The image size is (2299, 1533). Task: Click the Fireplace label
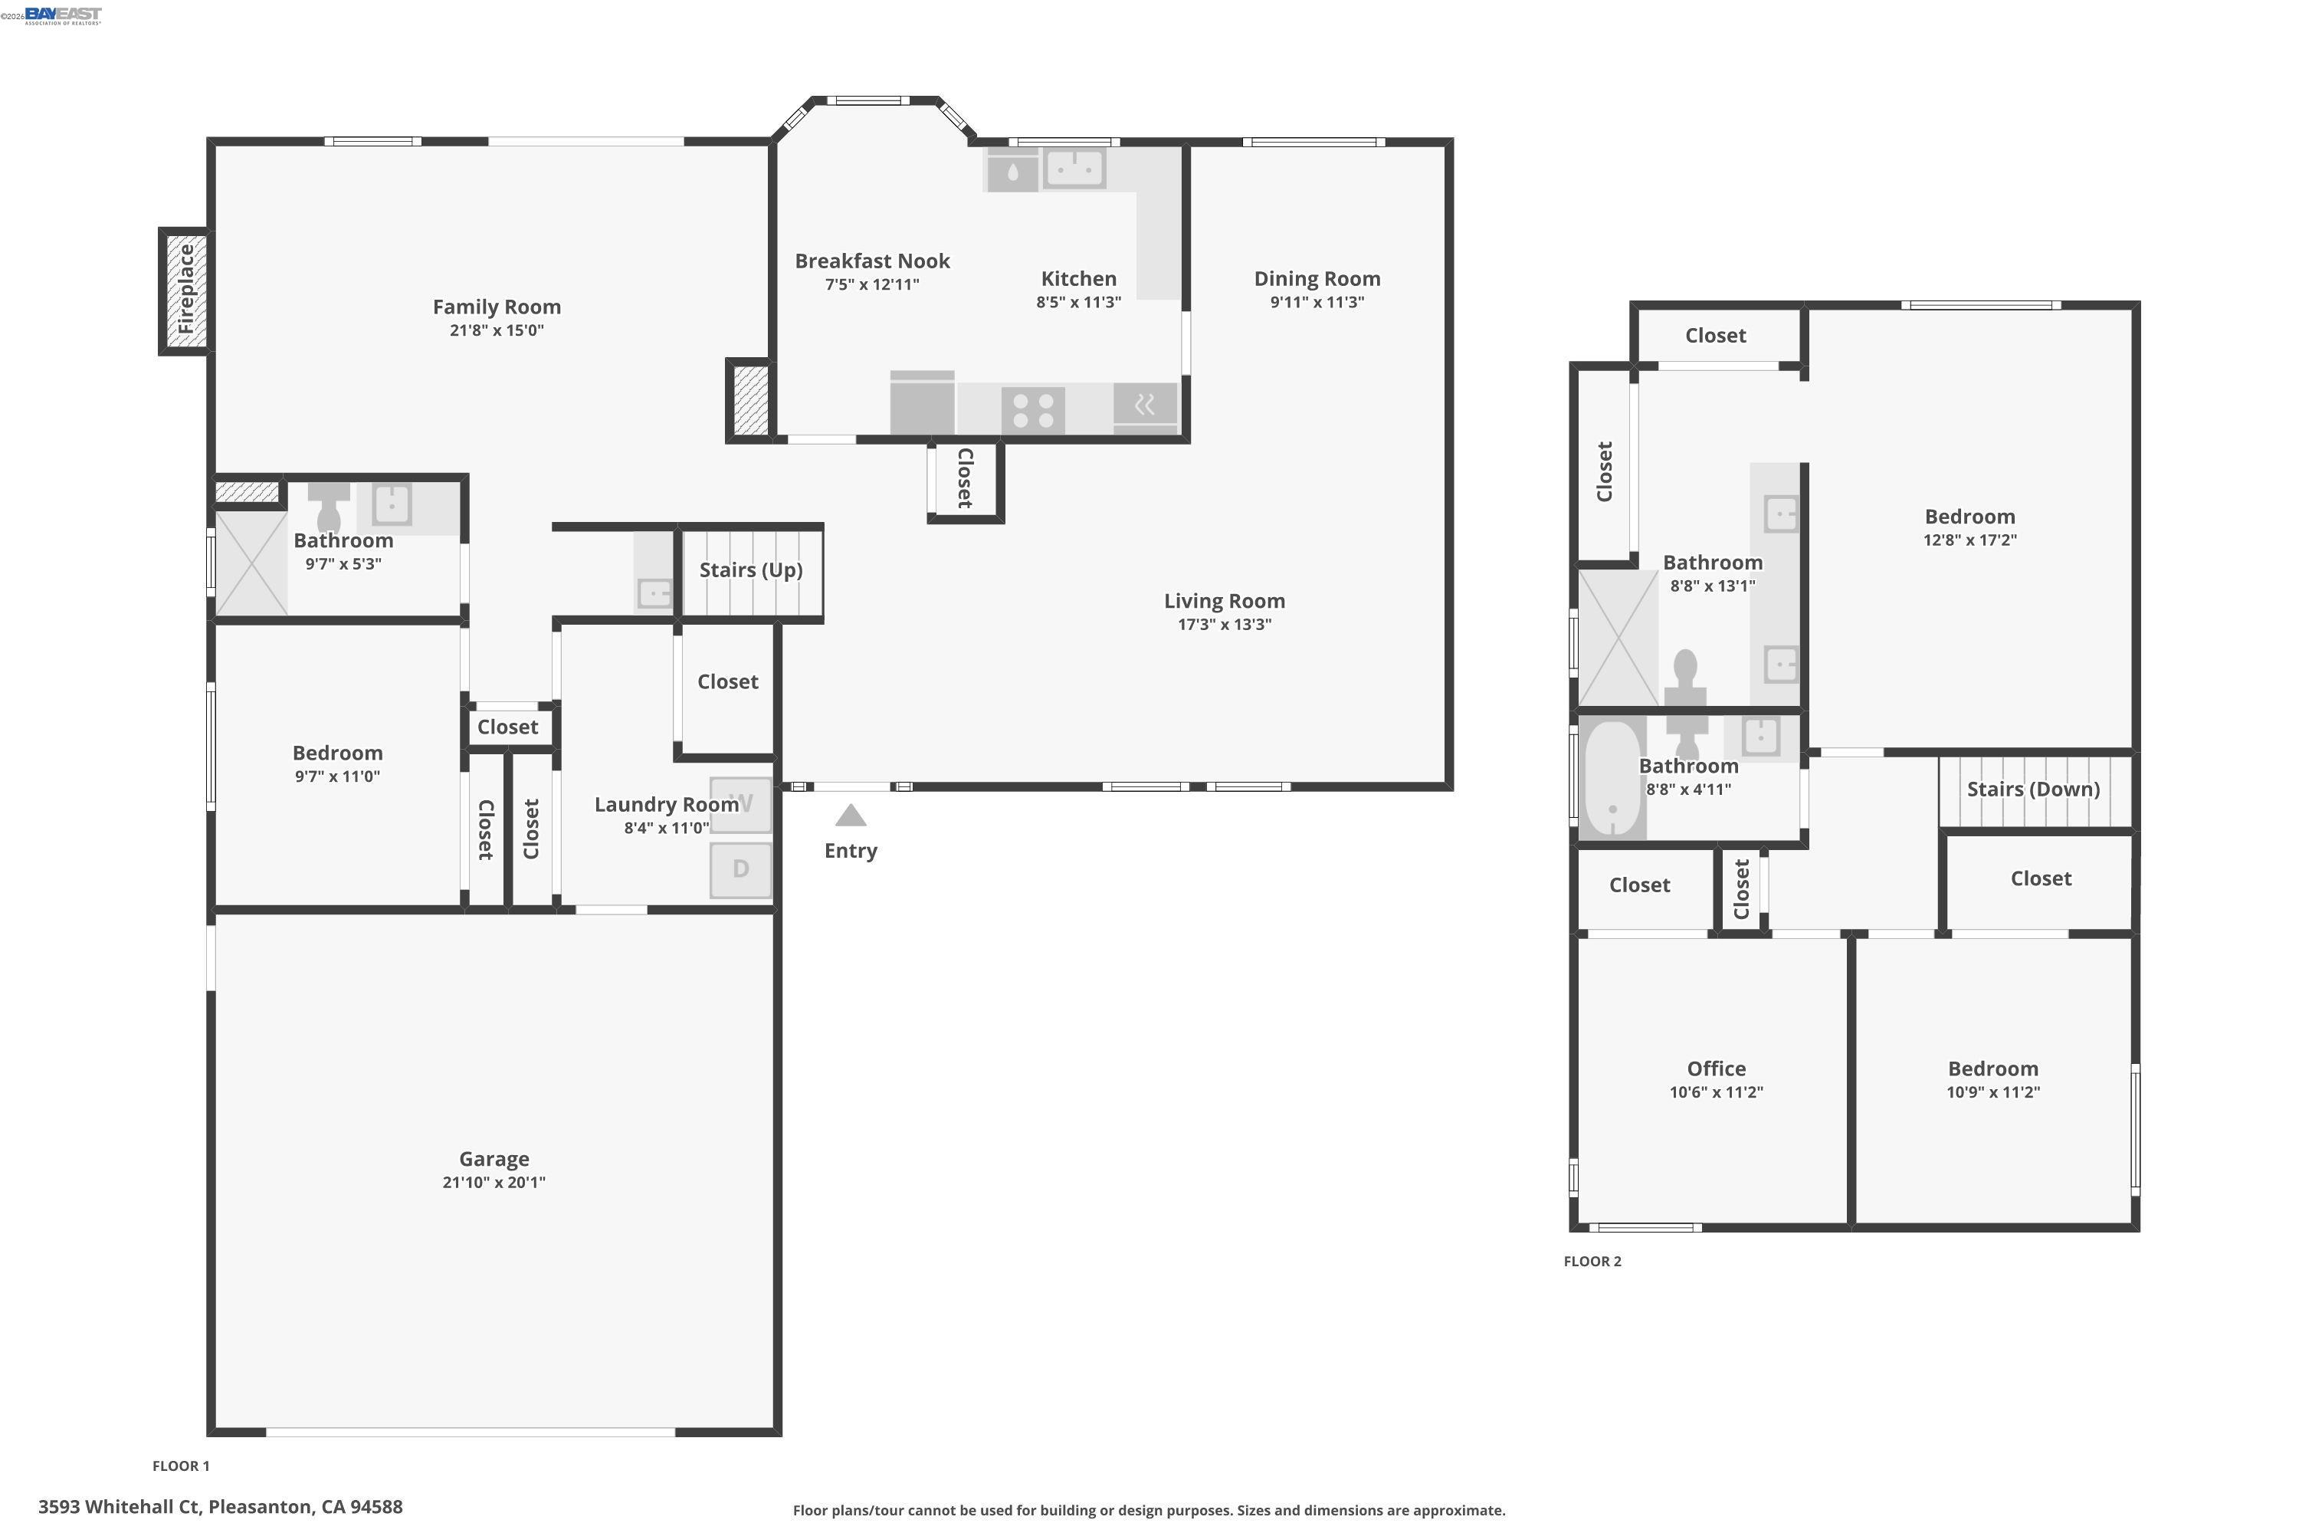coord(185,290)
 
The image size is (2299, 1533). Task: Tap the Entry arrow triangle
coord(851,816)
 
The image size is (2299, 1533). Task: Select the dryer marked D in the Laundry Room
coord(740,869)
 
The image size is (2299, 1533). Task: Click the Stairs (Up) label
coord(751,570)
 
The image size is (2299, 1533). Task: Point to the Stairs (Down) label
coord(2033,789)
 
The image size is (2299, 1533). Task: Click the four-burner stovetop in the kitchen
coord(1033,409)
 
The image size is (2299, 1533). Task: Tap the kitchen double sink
coord(1074,168)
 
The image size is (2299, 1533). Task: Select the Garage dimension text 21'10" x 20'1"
coord(494,1182)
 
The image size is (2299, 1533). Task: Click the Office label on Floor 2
coord(1716,1069)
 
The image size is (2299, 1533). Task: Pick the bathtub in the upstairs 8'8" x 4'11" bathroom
coord(1611,778)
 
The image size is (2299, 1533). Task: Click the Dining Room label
coord(1317,279)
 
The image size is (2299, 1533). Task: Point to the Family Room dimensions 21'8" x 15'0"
coord(497,330)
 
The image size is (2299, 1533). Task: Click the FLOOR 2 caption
coord(1592,1261)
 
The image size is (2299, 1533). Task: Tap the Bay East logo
coord(63,15)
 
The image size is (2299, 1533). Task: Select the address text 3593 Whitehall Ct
coord(220,1507)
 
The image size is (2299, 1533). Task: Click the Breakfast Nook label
coord(872,261)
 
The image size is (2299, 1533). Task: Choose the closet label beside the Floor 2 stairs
coord(2040,878)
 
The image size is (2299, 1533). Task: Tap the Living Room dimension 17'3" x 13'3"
coord(1224,625)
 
